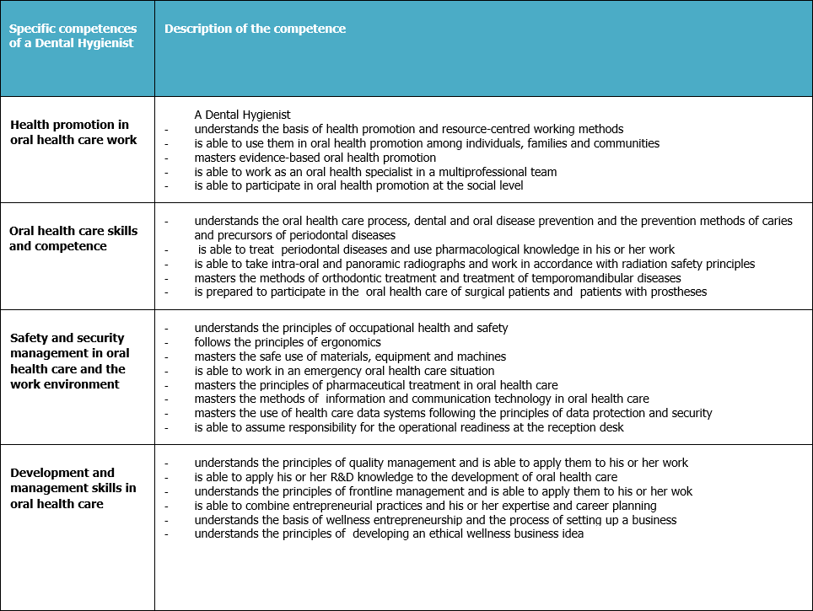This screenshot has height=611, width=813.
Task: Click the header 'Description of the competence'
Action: coord(255,29)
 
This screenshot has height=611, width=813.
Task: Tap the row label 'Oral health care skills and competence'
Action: coord(73,239)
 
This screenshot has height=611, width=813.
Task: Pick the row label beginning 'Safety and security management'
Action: coord(70,361)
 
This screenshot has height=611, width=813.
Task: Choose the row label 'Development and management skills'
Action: coord(73,488)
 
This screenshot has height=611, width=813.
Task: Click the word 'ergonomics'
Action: coord(348,342)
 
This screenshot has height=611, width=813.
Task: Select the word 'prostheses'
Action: coord(675,292)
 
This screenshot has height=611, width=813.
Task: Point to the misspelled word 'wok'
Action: coord(681,491)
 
